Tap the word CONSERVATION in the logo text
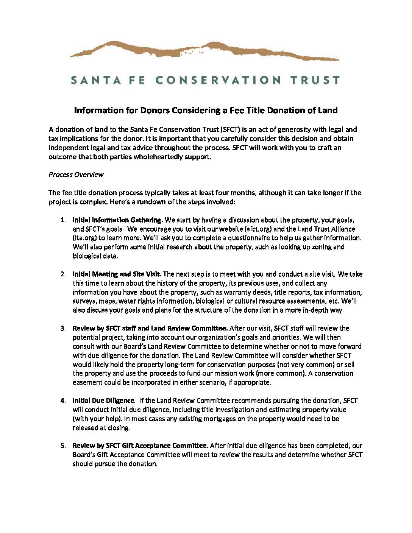pos(218,80)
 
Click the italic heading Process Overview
pos(76,175)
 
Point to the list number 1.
pos(63,220)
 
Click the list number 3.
pos(63,328)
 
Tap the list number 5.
pos(63,446)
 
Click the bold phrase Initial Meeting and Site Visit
pos(117,274)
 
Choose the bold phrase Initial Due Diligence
pos(103,401)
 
